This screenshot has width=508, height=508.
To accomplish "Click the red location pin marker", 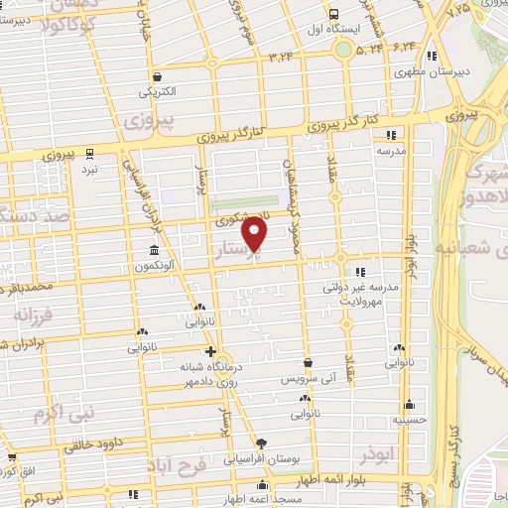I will pyautogui.click(x=255, y=233).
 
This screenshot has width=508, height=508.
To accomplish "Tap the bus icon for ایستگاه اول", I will pyautogui.click(x=332, y=15).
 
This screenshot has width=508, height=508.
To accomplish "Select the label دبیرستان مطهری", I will pyautogui.click(x=421, y=72).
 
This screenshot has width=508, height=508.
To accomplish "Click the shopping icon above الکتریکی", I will pyautogui.click(x=158, y=76).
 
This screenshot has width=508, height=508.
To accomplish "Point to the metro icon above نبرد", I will pyautogui.click(x=90, y=154).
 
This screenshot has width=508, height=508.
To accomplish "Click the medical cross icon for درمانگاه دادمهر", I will pyautogui.click(x=209, y=351).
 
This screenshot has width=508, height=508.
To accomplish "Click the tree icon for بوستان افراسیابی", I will pyautogui.click(x=260, y=444).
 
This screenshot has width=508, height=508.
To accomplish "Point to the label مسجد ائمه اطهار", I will pyautogui.click(x=262, y=502).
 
